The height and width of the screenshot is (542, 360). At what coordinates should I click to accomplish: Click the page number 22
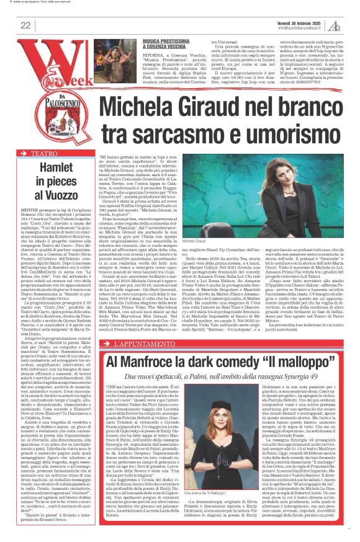[x=25, y=25]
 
